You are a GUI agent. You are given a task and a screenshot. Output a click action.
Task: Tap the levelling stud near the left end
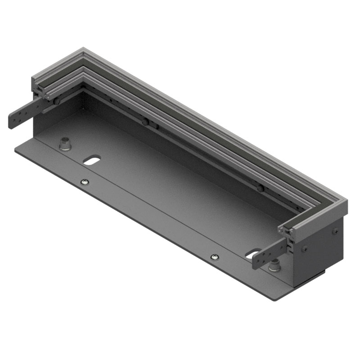tap(66, 144)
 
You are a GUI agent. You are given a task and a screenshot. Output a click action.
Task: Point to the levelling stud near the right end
tap(274, 266)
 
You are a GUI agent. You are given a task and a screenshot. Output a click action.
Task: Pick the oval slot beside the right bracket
tap(253, 254)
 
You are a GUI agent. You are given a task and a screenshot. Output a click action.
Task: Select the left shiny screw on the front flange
tap(84, 182)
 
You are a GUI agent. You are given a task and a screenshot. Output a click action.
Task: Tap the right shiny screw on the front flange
tap(215, 257)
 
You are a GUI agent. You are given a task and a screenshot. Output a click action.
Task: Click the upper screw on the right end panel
tap(335, 231)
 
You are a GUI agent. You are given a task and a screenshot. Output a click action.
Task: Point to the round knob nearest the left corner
tap(57, 102)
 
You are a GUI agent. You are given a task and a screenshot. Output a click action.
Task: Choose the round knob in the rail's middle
tap(145, 122)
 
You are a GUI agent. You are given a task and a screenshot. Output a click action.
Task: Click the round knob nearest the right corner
tap(261, 188)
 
